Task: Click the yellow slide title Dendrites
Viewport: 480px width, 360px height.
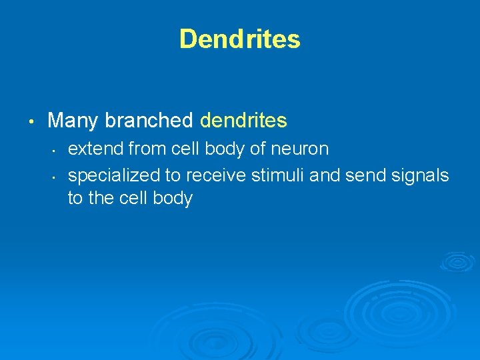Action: click(x=240, y=39)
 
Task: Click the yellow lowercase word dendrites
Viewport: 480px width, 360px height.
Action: click(x=243, y=121)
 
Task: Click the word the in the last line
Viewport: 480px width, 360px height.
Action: click(x=101, y=199)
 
